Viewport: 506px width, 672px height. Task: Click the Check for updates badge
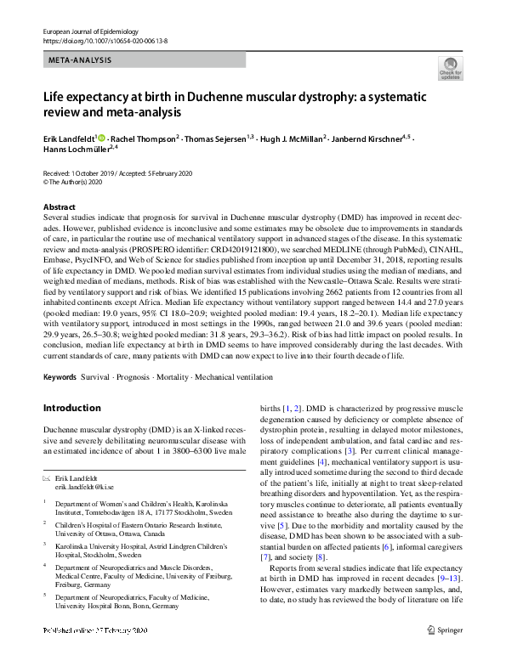(450, 68)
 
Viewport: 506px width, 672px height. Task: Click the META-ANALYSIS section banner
(80, 60)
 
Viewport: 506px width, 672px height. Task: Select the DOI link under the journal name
(98, 40)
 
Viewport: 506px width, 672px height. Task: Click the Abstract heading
(60, 207)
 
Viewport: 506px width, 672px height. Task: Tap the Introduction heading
(72, 409)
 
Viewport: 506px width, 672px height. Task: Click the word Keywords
(60, 376)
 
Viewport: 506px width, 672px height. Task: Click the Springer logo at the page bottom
(453, 654)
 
